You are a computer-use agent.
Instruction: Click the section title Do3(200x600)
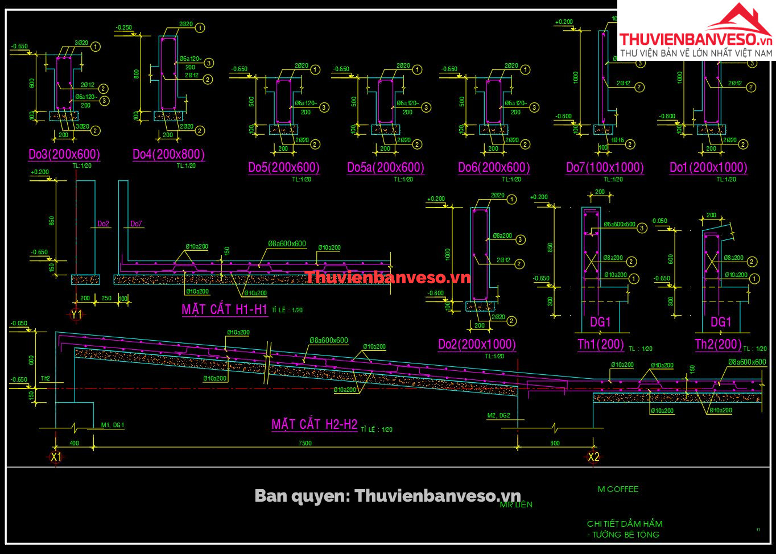(x=64, y=154)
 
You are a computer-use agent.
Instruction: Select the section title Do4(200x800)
(x=168, y=154)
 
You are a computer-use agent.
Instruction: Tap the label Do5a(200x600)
(x=386, y=167)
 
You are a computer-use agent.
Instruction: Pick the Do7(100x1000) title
(x=605, y=167)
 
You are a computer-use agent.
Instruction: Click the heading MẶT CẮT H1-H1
(x=224, y=309)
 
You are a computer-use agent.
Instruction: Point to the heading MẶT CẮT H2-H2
(x=314, y=424)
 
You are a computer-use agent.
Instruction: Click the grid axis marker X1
(x=56, y=457)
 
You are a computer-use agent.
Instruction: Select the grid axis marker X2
(x=593, y=457)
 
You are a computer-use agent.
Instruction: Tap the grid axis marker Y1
(x=76, y=315)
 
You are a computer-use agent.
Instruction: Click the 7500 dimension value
(x=305, y=443)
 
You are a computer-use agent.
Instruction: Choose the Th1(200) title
(x=601, y=344)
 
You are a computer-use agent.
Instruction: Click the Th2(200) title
(x=718, y=344)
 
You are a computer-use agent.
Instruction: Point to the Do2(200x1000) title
(x=477, y=344)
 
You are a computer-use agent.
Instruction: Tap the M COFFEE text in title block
(x=618, y=489)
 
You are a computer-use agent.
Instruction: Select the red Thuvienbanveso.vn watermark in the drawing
(x=388, y=278)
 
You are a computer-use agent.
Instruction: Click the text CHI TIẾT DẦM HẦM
(x=625, y=524)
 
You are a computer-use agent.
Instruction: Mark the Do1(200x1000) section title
(x=708, y=167)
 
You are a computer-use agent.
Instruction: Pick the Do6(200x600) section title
(x=494, y=167)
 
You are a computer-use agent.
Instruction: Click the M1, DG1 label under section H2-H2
(x=113, y=425)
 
